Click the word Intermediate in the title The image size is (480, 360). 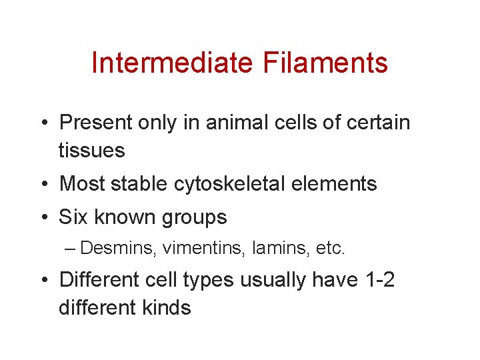(x=172, y=63)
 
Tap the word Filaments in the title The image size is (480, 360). (x=325, y=63)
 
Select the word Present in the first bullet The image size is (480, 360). (x=97, y=123)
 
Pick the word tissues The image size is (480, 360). (x=91, y=151)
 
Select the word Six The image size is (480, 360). (x=74, y=217)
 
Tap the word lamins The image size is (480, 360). (x=266, y=249)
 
